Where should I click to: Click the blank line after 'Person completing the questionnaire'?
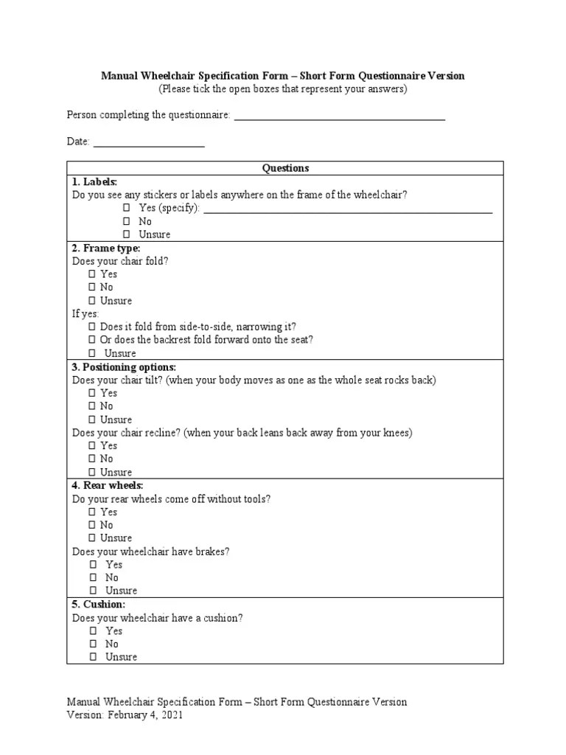tap(339, 116)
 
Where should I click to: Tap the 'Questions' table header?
tap(285, 168)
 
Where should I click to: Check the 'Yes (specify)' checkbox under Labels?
tap(127, 209)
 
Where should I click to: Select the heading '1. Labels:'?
tap(94, 181)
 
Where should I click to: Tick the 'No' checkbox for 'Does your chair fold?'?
tap(92, 288)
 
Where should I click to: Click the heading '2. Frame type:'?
tap(106, 248)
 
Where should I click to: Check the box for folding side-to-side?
tap(92, 327)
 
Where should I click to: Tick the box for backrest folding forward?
tap(92, 340)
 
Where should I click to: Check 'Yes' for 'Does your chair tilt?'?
tap(92, 394)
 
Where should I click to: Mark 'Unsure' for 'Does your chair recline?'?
tap(92, 473)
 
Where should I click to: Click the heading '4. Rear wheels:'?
tap(108, 486)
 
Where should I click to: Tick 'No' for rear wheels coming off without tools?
tap(92, 526)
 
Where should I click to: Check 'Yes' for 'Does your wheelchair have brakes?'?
tap(93, 565)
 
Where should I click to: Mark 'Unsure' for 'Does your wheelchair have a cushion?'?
tap(93, 657)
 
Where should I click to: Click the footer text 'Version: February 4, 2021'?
tap(125, 715)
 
